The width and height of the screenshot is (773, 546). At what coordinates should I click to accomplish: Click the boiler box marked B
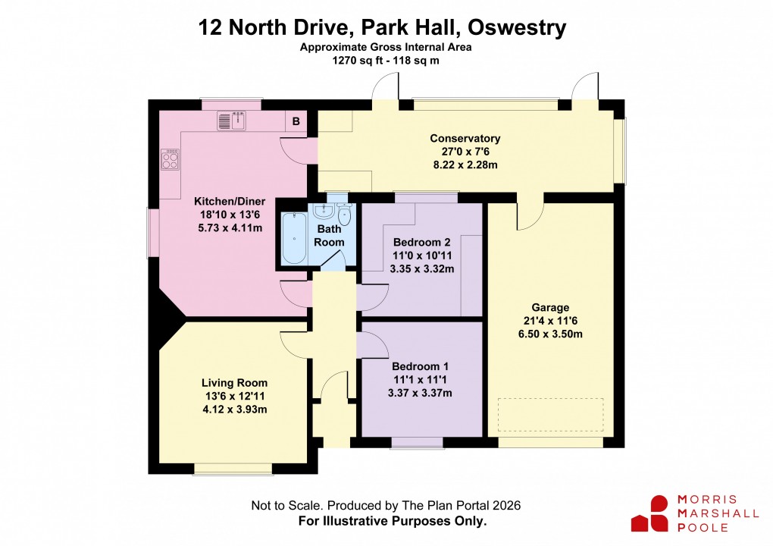click(x=296, y=121)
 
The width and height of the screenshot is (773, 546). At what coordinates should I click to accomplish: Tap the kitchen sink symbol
click(x=233, y=119)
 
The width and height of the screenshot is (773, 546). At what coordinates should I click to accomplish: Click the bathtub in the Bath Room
click(x=293, y=239)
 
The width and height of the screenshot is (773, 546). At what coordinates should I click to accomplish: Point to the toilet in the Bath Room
click(x=346, y=215)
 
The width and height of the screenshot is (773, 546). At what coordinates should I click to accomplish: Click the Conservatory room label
click(x=465, y=139)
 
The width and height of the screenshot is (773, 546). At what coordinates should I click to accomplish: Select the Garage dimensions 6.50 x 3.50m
click(x=550, y=334)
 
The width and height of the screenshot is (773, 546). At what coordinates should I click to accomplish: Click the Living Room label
click(x=234, y=383)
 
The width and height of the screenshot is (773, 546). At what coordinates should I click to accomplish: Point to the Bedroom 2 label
click(x=421, y=243)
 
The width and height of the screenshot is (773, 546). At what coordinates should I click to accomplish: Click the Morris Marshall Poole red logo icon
click(x=649, y=513)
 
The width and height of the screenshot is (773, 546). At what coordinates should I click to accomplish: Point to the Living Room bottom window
click(x=233, y=469)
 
